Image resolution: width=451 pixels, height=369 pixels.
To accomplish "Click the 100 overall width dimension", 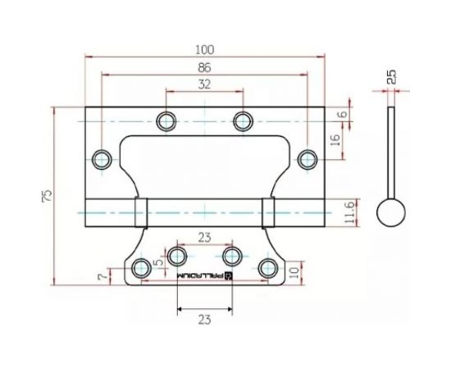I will point(205,48).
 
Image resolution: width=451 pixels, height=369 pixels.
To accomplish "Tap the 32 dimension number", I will point(204,84).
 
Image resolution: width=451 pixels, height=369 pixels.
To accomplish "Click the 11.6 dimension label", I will point(349,212).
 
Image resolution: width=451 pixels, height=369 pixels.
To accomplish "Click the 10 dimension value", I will point(294,271).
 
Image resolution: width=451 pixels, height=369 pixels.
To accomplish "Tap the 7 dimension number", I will point(102,277).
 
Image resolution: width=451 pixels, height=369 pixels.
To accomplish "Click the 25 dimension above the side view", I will point(392,77).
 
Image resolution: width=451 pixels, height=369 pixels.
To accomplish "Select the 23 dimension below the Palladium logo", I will point(205,320).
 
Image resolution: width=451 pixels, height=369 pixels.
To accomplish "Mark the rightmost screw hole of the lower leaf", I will point(267,266).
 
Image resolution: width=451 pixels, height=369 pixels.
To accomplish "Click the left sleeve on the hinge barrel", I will point(141,212).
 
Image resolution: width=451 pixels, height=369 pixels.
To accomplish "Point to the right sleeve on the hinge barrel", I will point(268,212).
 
